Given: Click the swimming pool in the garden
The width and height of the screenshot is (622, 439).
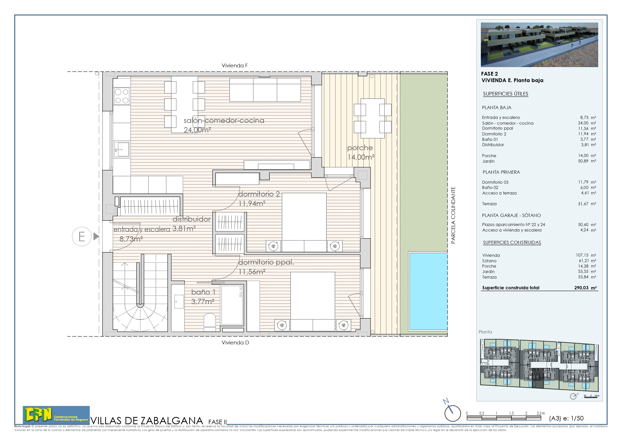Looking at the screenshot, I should [428, 291].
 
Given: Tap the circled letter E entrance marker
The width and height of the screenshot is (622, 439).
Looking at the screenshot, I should [81, 237].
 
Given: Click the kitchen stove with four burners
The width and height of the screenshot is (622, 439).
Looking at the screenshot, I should [122, 96].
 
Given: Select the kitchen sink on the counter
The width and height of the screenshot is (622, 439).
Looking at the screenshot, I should [122, 149].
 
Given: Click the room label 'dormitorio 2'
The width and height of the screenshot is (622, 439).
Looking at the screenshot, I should [259, 194].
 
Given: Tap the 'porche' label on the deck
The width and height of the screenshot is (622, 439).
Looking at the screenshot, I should [360, 148].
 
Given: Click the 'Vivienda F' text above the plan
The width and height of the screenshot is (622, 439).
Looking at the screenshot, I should [235, 66].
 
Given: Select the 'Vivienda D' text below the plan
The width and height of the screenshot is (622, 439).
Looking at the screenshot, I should [235, 343].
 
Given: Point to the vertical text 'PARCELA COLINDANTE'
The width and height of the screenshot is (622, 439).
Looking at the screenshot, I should [453, 215].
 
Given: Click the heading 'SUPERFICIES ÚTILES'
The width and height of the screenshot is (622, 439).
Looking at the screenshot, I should [505, 94].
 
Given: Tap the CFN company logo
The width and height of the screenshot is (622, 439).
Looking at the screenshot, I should [56, 415].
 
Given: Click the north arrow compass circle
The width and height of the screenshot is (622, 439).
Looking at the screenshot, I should [453, 413].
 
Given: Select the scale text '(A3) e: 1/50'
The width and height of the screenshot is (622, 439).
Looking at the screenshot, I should [566, 418].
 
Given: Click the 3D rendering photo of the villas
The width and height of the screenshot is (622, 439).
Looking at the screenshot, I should [539, 45].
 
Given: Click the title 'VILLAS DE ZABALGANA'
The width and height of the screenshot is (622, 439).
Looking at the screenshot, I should [147, 421].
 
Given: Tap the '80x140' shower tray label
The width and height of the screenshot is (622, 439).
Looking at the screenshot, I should [241, 292].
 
